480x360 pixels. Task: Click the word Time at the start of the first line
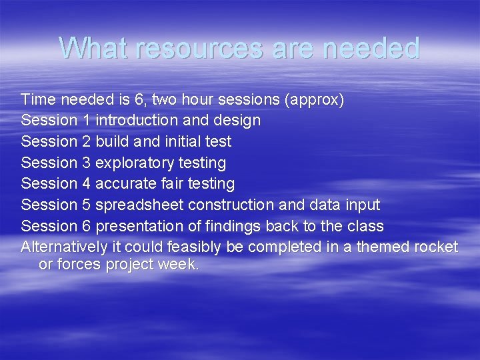[39, 100]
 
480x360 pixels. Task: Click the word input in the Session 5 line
[362, 205]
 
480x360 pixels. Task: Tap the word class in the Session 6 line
[365, 225]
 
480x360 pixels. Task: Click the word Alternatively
[64, 247]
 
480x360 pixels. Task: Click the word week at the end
[179, 264]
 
